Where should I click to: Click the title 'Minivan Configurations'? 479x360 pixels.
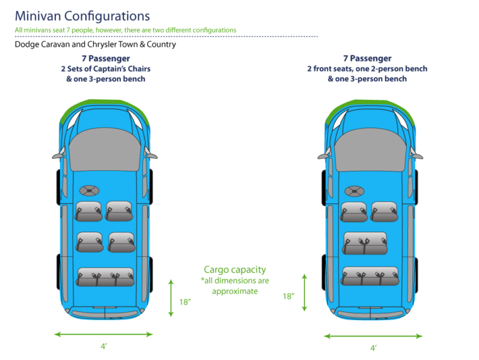click(x=82, y=16)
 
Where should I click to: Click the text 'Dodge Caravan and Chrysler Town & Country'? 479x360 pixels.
click(x=95, y=44)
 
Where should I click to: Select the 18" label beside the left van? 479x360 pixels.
click(x=185, y=302)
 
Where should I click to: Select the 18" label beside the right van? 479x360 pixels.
click(x=288, y=296)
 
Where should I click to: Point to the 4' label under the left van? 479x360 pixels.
click(x=104, y=346)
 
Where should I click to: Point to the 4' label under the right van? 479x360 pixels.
click(x=373, y=348)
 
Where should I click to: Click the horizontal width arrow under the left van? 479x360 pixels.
click(x=104, y=334)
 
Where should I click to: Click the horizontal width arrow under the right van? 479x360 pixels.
click(x=373, y=336)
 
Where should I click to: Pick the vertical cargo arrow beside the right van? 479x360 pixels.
click(x=304, y=292)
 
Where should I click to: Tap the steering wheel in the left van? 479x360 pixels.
click(x=89, y=190)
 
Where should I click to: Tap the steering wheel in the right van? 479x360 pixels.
click(x=356, y=190)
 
